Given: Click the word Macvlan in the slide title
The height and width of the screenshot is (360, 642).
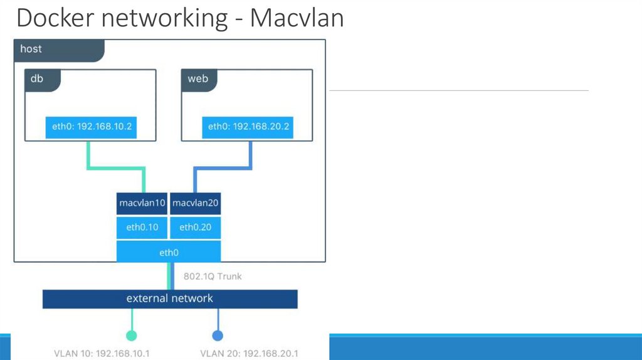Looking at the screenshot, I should coord(297,18).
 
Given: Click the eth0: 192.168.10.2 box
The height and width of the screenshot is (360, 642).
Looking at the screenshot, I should coord(92,127).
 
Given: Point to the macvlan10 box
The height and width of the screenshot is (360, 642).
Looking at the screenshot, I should coord(142,203).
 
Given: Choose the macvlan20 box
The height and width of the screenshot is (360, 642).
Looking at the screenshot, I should coord(195,203).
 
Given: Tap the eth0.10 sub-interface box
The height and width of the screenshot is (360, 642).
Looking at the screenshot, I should coord(142,227).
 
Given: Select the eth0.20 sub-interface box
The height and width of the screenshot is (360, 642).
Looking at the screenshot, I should coord(195,227).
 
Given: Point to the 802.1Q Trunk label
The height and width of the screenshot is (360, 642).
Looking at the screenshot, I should coord(213,276).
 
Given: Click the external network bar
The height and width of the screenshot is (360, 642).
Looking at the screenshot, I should coord(170,299).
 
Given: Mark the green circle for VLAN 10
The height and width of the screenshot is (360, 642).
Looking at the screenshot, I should coord(131,335).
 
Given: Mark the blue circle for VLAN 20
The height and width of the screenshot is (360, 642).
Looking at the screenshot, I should coord(218,335).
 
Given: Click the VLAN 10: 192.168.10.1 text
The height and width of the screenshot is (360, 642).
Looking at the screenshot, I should coord(102,353).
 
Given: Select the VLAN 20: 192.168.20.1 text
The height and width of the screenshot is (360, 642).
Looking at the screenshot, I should coord(249,353).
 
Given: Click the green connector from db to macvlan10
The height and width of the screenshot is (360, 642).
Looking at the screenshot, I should coord(117,167).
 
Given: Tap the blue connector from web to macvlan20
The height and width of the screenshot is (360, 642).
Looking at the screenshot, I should coord(223,167).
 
